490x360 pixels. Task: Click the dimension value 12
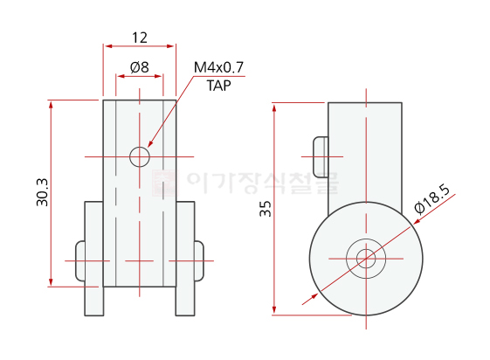pos(140,38)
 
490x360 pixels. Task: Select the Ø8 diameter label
pos(140,67)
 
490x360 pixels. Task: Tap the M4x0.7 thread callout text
pos(218,67)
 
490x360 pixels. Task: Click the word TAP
pos(218,86)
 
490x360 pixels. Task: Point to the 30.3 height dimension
pos(43,192)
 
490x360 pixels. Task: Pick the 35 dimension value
pos(266,209)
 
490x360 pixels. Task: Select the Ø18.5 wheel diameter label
pos(432,199)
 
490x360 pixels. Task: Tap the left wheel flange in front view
pos(93,259)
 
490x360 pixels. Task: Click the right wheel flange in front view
pos(185,259)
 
